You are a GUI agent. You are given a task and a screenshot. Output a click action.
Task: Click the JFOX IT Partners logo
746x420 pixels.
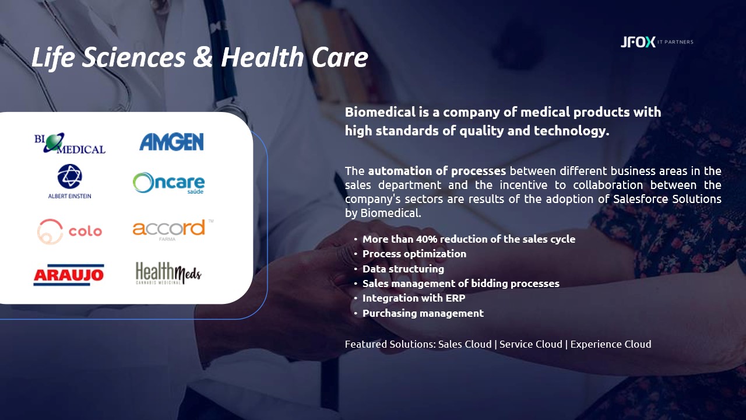coord(657,42)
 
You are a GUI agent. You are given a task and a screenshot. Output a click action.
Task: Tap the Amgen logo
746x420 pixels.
coord(171,142)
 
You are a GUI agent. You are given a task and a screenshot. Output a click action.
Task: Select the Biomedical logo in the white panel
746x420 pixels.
coord(69,143)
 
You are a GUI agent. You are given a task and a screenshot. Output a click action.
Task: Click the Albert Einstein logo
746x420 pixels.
coord(69,181)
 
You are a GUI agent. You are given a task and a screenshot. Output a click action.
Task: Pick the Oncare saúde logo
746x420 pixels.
coord(168,183)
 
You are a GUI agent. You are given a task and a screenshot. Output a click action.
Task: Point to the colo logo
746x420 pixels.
coord(69,232)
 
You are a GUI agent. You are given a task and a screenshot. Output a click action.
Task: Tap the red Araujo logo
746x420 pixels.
coord(69,275)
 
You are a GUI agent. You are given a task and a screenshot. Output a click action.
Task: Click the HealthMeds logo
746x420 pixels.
coord(168,274)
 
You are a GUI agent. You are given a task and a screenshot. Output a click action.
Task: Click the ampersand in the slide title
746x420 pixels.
coord(203,57)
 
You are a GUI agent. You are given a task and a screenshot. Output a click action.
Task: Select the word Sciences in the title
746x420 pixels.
coord(133,57)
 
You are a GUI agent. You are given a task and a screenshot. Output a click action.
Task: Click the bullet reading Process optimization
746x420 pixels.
coord(414,254)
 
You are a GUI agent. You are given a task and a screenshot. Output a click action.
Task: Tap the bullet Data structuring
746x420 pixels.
coord(403,269)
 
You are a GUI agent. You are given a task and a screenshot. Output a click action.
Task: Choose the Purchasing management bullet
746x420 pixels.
coord(423,313)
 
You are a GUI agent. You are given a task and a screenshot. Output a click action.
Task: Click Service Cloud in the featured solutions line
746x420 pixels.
coord(531,344)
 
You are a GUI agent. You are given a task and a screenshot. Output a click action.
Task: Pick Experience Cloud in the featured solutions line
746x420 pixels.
coord(611,344)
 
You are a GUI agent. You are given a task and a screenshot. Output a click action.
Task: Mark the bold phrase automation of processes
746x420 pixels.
coord(437,171)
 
